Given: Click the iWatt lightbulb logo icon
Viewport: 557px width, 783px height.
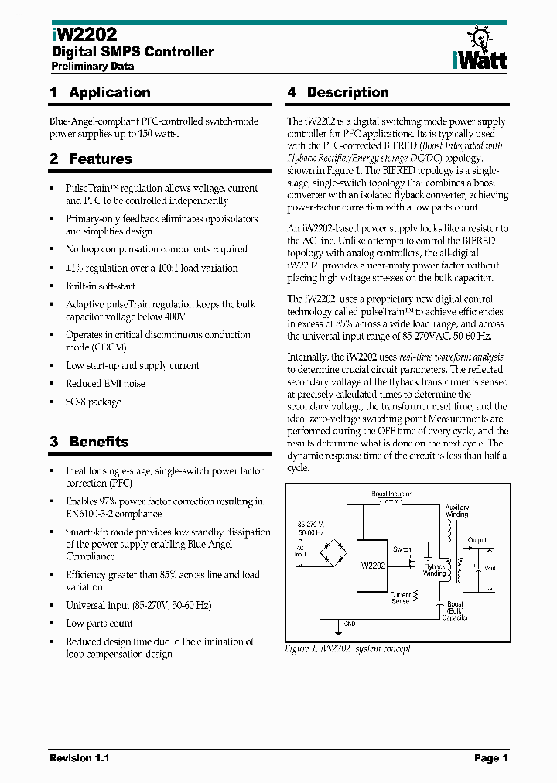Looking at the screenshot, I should tap(480, 37).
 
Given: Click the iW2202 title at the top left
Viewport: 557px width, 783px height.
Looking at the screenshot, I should tap(84, 35).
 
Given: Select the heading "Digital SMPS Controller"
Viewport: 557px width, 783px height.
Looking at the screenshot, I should tap(132, 52).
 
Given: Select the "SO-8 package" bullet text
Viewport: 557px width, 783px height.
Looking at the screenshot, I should tap(94, 402).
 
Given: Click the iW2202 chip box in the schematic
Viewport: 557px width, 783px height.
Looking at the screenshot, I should tap(372, 566).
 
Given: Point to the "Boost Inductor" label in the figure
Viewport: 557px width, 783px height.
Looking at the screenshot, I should tap(390, 493).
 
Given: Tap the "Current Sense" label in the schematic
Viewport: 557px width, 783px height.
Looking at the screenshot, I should tap(400, 597).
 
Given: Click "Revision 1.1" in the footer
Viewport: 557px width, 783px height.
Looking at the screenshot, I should tap(80, 758).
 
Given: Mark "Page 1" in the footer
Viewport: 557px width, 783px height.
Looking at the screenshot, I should tap(490, 758).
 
